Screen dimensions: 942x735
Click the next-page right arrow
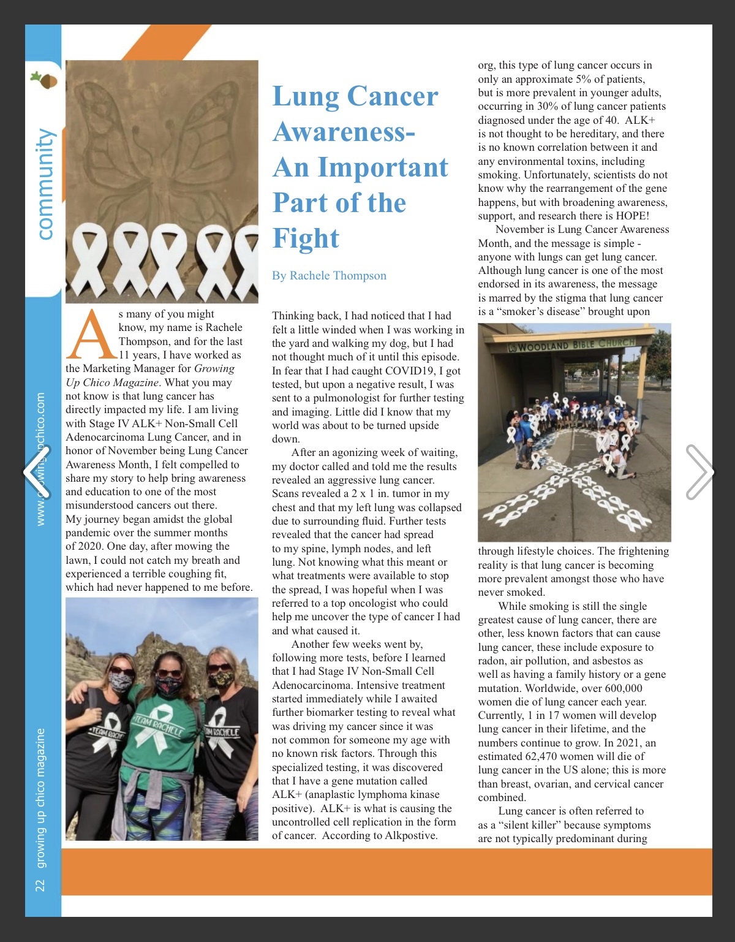[699, 472]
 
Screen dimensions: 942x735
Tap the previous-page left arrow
[36, 472]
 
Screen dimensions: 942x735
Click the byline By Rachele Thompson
[329, 276]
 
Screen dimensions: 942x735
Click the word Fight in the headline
[306, 238]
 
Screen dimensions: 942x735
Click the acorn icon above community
[44, 79]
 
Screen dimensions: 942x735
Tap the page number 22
[40, 885]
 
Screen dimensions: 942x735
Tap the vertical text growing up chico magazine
[40, 797]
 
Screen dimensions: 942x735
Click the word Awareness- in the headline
[344, 132]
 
